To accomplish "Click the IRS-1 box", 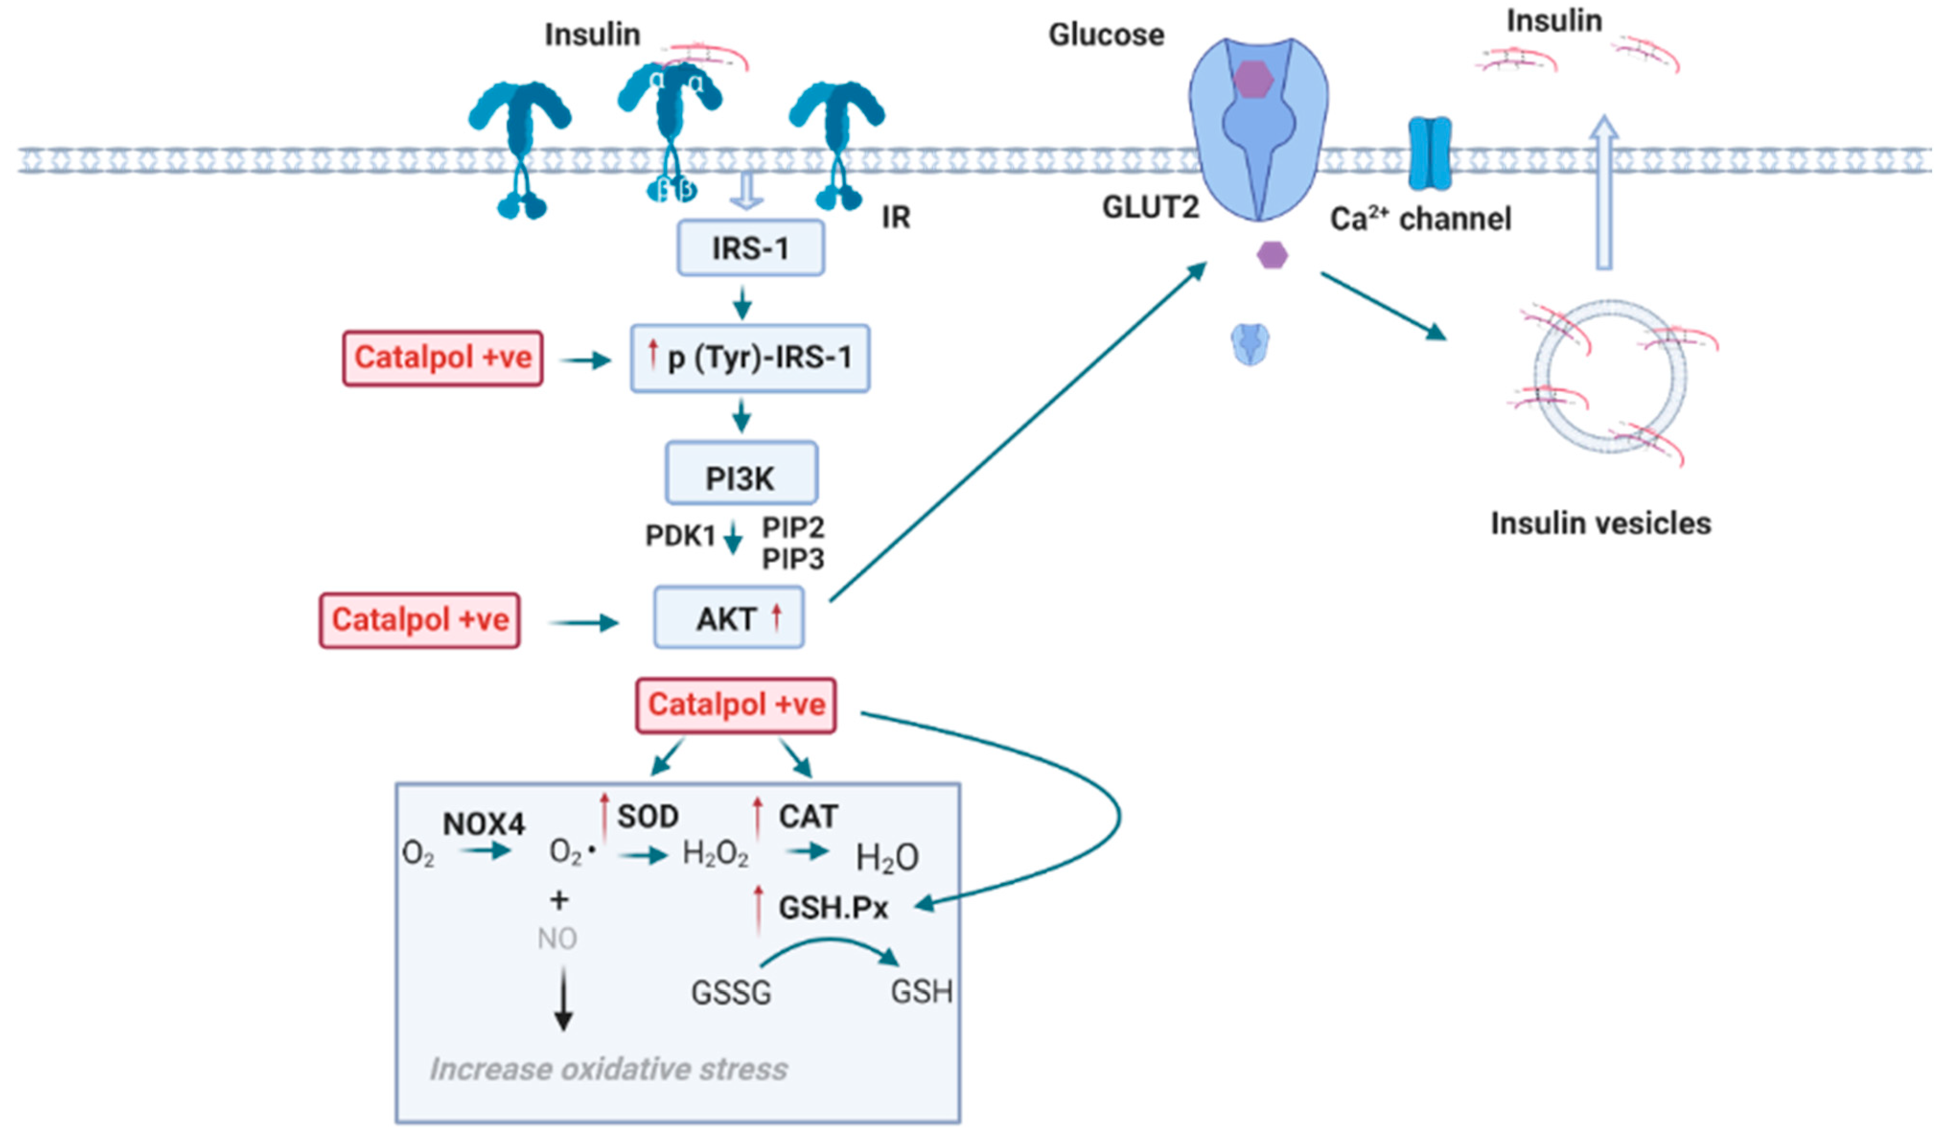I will (x=750, y=248).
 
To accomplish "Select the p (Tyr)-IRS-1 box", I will (x=750, y=358).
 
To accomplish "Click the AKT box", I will (x=728, y=617).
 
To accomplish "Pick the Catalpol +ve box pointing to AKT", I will (x=419, y=620).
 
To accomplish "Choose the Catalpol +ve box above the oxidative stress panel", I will (x=735, y=705).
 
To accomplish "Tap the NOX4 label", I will (x=484, y=824).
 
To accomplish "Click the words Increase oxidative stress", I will (x=609, y=1069).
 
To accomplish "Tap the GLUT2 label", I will (x=1150, y=208).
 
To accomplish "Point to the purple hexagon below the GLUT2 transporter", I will (x=1272, y=255).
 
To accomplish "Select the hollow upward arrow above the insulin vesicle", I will (x=1604, y=193).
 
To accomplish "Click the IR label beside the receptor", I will (x=896, y=218).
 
